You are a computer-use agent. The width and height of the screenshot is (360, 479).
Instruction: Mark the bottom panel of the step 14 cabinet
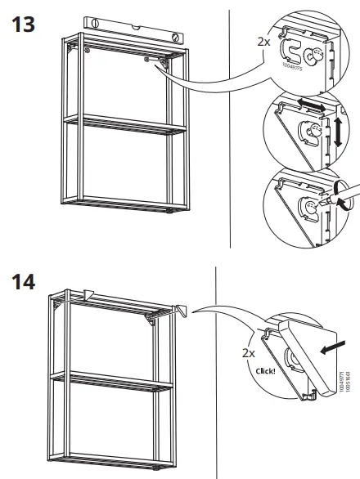coord(115,462)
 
